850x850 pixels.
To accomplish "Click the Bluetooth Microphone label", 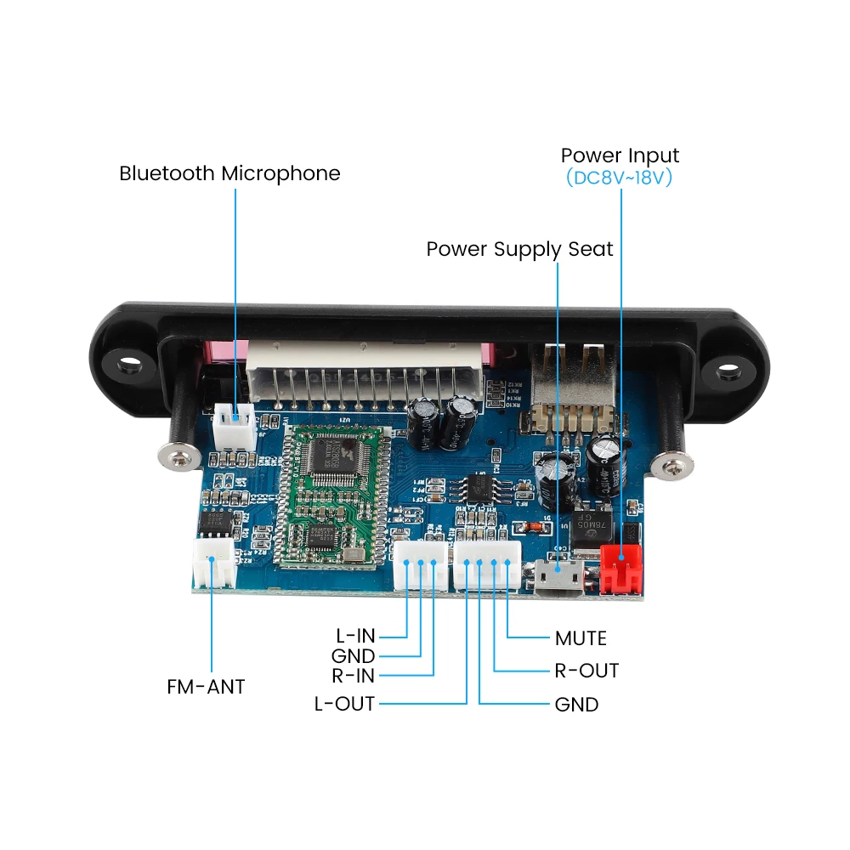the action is [229, 173].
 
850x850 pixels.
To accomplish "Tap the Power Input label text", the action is [620, 156].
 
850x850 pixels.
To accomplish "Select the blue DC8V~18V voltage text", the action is [620, 178].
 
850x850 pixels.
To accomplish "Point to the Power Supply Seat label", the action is [519, 249].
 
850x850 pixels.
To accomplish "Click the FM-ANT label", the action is [206, 686].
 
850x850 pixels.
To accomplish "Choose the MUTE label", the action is [581, 637].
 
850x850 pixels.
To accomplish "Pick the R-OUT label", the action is [586, 671].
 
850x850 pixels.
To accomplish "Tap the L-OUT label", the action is [344, 704].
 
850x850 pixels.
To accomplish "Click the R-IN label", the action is [353, 677].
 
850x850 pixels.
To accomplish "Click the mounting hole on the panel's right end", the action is [728, 371].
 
